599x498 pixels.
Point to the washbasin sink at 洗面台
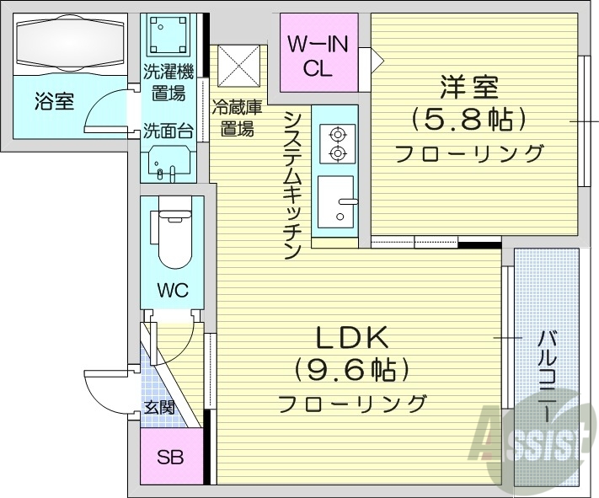[x=169, y=162]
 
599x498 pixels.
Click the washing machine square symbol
[x=167, y=35]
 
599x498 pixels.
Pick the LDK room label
[x=351, y=338]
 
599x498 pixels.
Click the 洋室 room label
[x=468, y=88]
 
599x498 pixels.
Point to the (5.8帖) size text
[x=468, y=119]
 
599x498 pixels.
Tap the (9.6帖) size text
[x=351, y=369]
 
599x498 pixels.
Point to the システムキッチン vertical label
[x=293, y=185]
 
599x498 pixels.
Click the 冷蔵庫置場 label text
[x=237, y=118]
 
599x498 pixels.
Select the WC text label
[x=172, y=292]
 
